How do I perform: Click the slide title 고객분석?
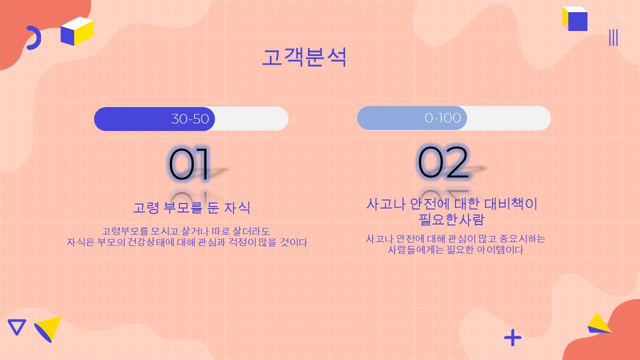click(x=304, y=57)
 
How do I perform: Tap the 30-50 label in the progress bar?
click(x=190, y=119)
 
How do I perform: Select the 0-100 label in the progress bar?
click(x=442, y=118)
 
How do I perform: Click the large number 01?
click(x=189, y=164)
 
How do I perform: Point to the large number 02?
click(x=443, y=162)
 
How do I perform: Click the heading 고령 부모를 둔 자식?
click(x=191, y=207)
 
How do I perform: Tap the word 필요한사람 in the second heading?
click(x=451, y=219)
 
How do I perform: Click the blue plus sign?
click(x=512, y=337)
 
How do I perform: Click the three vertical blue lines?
click(x=613, y=37)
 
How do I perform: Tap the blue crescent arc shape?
click(x=35, y=37)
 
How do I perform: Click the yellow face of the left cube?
click(x=84, y=33)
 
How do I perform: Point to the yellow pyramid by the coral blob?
click(x=599, y=323)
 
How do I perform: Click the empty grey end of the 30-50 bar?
click(x=251, y=119)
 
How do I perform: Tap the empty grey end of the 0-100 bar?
click(x=509, y=118)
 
